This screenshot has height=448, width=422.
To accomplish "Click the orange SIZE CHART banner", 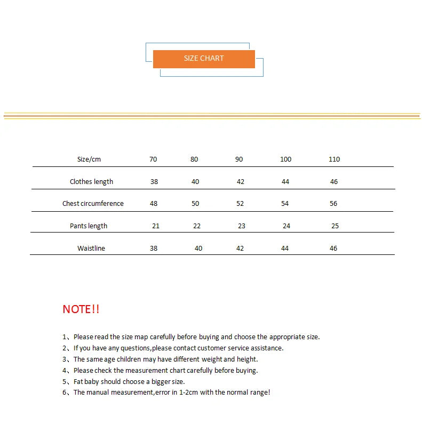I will [x=204, y=59].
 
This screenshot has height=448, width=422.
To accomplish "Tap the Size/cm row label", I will [x=89, y=159].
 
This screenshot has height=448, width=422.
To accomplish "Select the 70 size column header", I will [x=153, y=159].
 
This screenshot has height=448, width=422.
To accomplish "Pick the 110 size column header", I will [x=334, y=159].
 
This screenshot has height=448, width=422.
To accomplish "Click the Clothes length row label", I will [x=91, y=182].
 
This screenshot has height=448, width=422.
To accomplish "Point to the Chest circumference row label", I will [x=93, y=204].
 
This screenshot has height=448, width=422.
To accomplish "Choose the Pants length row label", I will [x=89, y=226].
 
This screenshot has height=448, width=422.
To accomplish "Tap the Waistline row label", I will [x=91, y=249].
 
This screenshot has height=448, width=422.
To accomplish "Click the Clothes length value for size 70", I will [x=154, y=182].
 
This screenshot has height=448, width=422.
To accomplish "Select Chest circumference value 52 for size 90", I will [x=240, y=204].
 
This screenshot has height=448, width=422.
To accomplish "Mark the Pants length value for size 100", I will [x=286, y=226].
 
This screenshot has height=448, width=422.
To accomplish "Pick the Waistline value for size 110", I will [x=333, y=249].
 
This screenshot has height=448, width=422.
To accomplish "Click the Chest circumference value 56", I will [x=333, y=204].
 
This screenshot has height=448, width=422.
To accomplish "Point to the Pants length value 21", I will [x=156, y=226].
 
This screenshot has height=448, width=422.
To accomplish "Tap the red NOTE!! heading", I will [x=81, y=309].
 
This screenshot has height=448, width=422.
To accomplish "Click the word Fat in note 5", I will [x=79, y=382].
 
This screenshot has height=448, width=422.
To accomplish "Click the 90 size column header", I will [x=239, y=159].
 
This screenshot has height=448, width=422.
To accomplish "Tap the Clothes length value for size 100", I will [x=285, y=182].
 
